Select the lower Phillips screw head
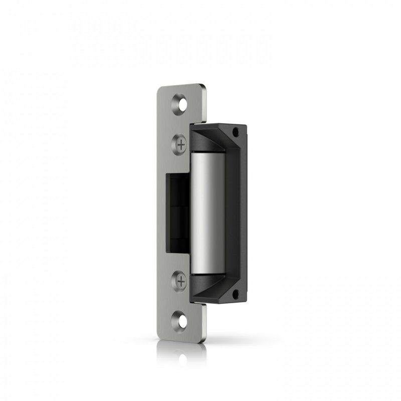coord(180,281)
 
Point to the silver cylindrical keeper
coord(208,213)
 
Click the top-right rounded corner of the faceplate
coord(204,87)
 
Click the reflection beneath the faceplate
coord(180,353)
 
